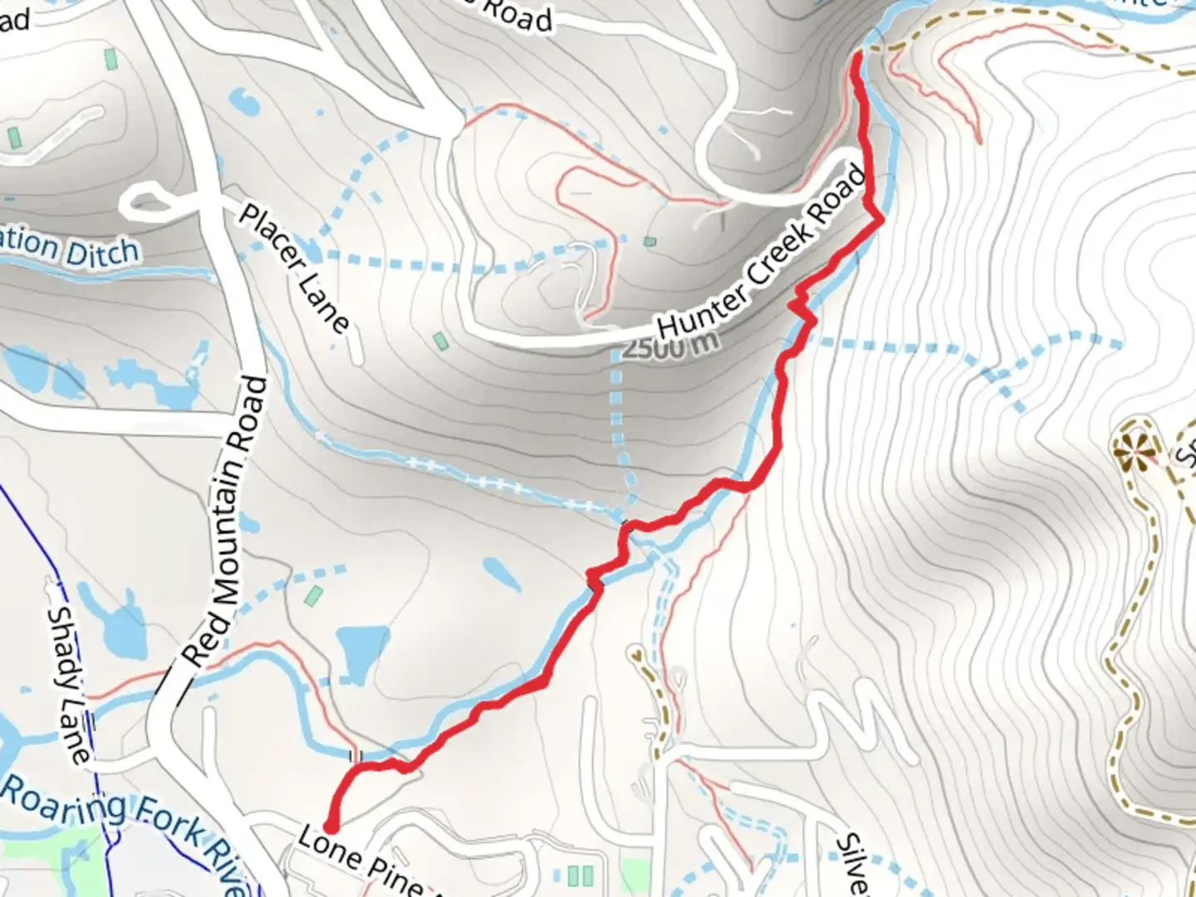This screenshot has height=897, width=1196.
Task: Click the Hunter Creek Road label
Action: point(761,252)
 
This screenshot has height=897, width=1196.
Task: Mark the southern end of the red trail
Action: point(331,827)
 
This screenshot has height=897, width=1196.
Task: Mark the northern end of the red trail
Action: point(856,56)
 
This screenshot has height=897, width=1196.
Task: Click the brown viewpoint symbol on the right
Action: point(1135,452)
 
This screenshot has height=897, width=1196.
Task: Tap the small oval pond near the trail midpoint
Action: point(502,572)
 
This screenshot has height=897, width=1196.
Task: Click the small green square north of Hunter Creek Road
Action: point(649,242)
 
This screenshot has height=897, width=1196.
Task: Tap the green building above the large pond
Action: point(313,596)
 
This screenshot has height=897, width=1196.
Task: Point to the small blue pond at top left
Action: point(244,101)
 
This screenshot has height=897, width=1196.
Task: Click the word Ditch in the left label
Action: point(101,252)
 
